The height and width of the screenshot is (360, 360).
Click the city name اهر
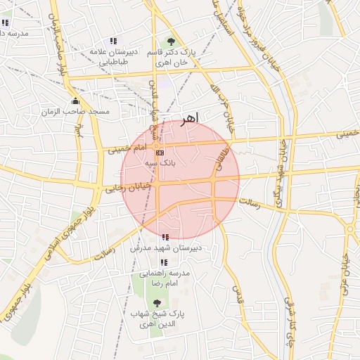189,117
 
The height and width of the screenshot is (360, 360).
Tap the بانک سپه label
160,162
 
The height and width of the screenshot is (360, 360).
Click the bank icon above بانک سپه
160,153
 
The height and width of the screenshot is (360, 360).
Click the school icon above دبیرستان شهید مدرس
165,238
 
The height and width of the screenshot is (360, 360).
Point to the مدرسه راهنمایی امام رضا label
165,277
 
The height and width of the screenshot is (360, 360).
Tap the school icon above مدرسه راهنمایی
165,262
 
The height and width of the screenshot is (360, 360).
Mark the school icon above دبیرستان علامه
113,41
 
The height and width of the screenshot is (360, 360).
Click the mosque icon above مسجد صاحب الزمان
75,101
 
